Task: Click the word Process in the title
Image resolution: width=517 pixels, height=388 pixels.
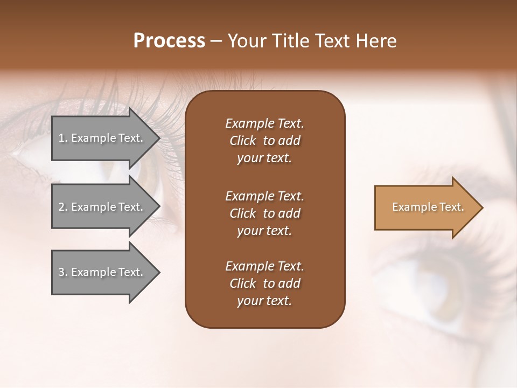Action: click(x=169, y=41)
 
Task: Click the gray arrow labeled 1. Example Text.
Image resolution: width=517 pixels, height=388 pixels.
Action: click(x=102, y=138)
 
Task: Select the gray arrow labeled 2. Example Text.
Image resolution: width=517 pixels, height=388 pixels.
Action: click(x=102, y=207)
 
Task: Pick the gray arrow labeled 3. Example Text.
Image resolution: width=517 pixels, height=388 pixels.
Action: click(x=102, y=272)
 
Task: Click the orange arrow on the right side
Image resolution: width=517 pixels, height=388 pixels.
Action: click(x=425, y=207)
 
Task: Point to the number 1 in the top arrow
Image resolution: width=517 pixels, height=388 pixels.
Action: click(x=61, y=138)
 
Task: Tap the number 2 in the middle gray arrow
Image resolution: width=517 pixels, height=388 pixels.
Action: click(x=61, y=207)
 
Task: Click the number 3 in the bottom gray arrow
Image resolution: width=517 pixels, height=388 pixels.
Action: click(x=61, y=272)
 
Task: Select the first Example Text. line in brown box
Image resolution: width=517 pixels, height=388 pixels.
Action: click(x=264, y=123)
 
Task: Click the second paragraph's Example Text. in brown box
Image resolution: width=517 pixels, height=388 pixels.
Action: click(x=264, y=196)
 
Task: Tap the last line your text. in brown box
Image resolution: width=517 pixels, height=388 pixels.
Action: click(x=264, y=301)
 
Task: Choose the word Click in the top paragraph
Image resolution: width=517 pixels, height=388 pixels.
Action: click(x=242, y=141)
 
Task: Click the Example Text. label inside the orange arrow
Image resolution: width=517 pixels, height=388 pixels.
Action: click(x=428, y=207)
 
